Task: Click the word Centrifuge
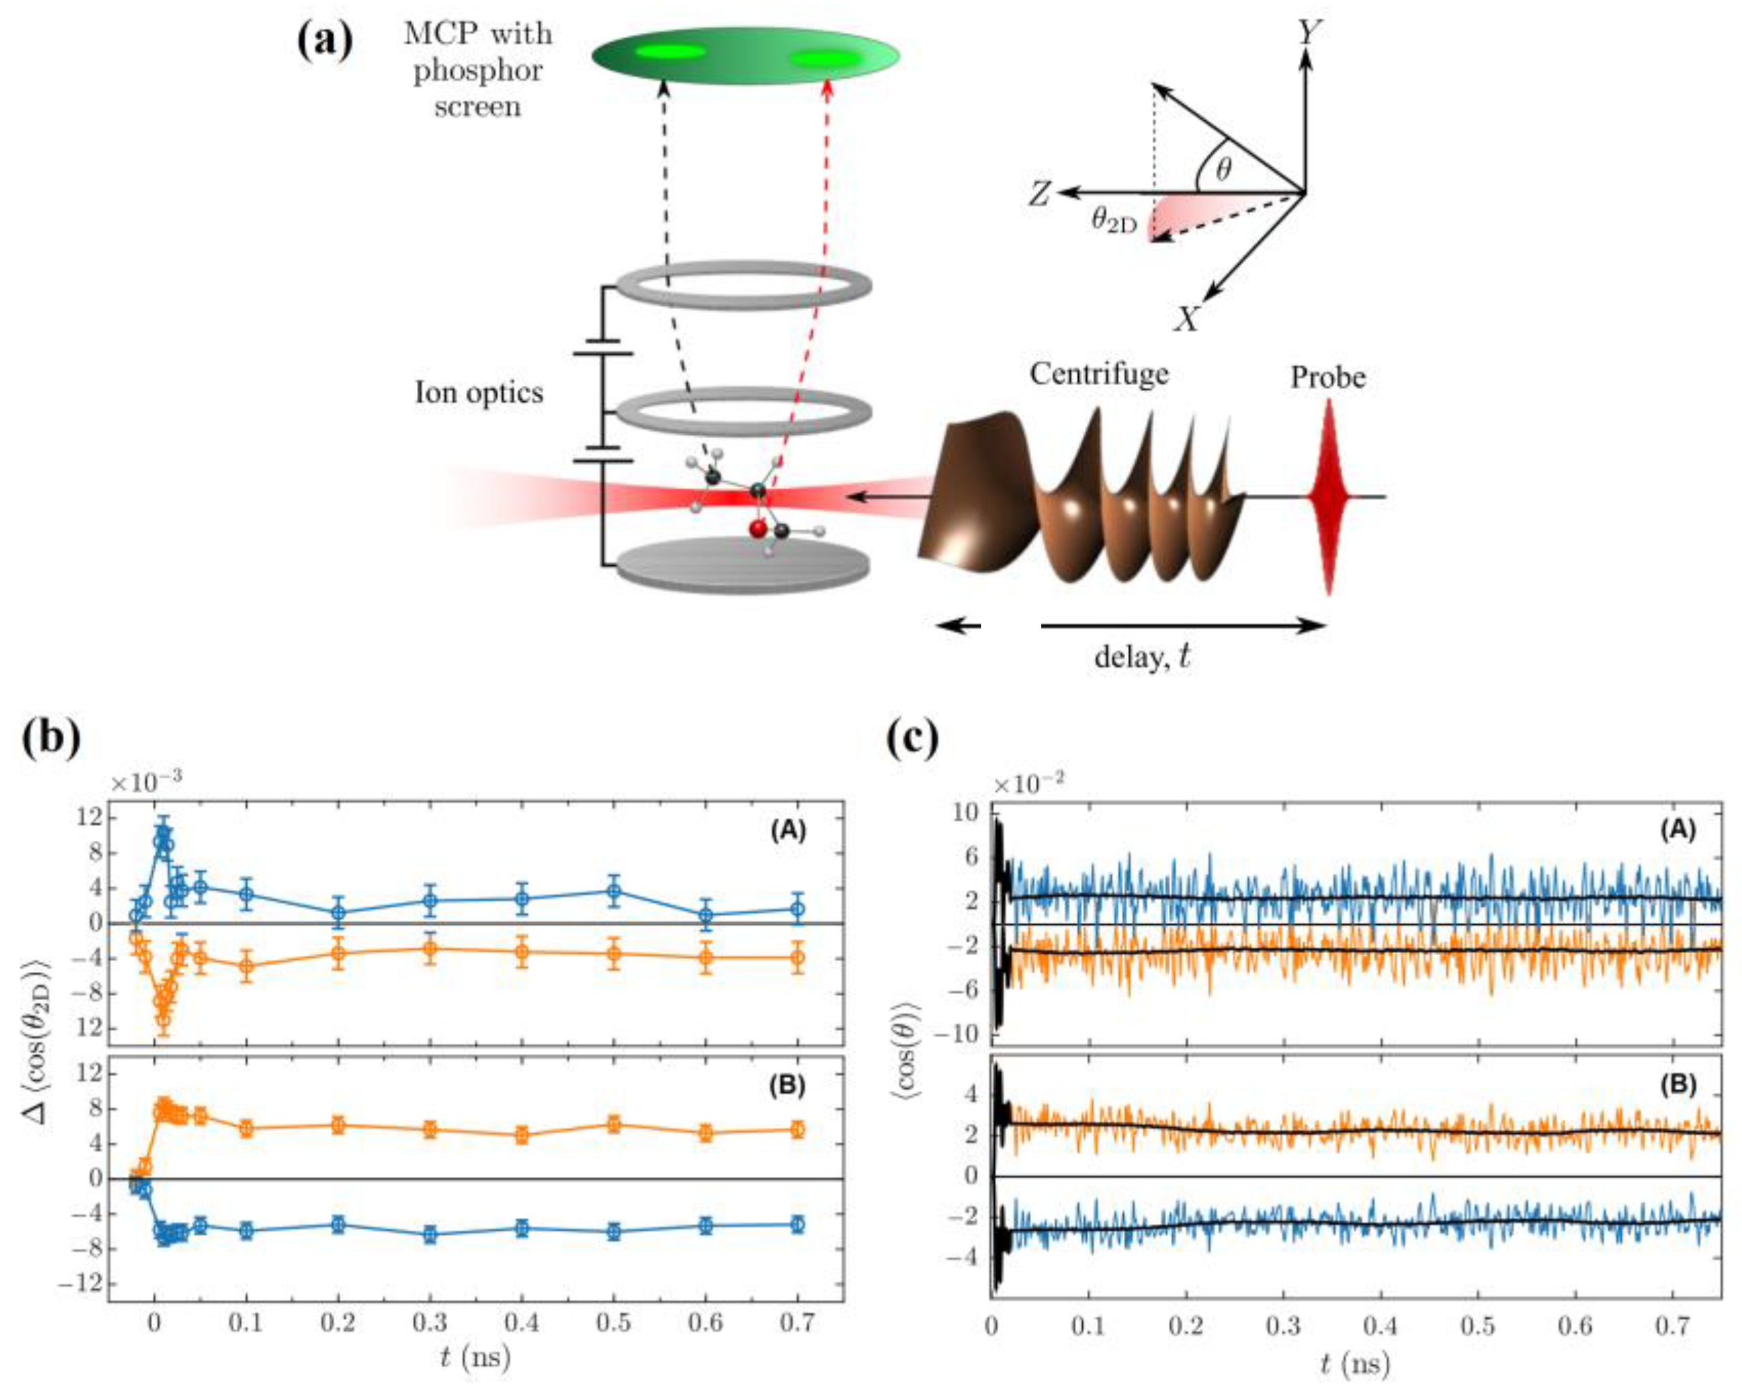(1099, 373)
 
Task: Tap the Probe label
(1328, 377)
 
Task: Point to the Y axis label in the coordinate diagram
(1308, 32)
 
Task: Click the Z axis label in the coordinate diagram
(1040, 194)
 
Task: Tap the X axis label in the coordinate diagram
(1186, 320)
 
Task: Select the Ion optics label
(478, 393)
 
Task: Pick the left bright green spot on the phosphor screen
(670, 53)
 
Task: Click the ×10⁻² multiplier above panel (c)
(1027, 784)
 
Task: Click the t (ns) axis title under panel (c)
(1355, 1364)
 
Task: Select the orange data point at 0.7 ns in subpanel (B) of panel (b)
(798, 1130)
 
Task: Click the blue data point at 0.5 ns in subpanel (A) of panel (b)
(613, 891)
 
